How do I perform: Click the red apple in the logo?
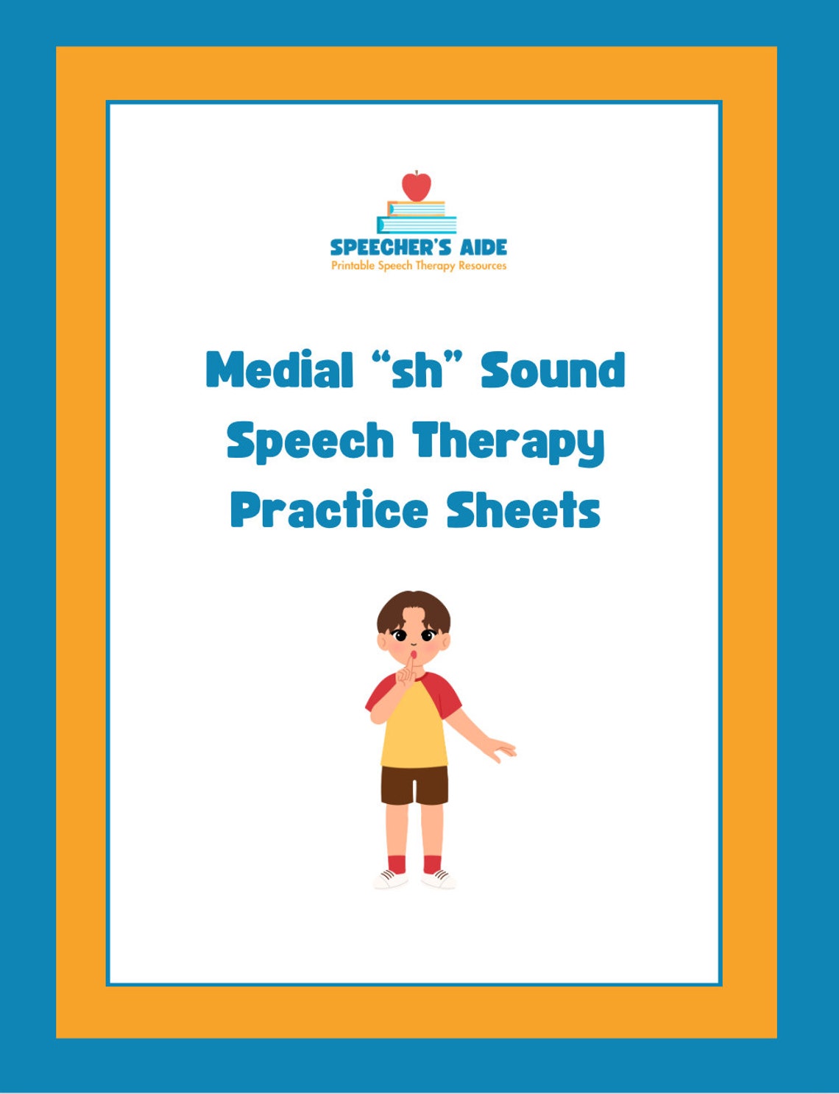click(416, 187)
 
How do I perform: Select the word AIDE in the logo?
click(484, 247)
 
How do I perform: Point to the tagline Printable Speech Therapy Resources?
click(419, 266)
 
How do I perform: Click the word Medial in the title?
click(280, 370)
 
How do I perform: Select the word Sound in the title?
click(553, 370)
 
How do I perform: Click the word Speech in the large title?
click(310, 442)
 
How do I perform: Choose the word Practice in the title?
click(328, 510)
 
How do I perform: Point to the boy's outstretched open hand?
click(502, 749)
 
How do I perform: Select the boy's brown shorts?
click(414, 785)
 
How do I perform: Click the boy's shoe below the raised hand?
click(391, 878)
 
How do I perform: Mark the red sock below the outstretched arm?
click(432, 863)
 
